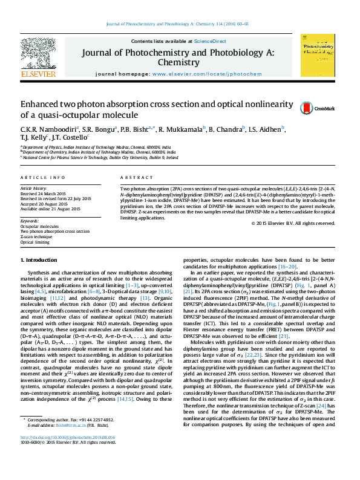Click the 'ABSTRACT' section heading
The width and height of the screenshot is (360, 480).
pyautogui.click(x=133, y=177)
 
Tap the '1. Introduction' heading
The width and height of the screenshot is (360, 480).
pyautogui.click(x=39, y=260)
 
